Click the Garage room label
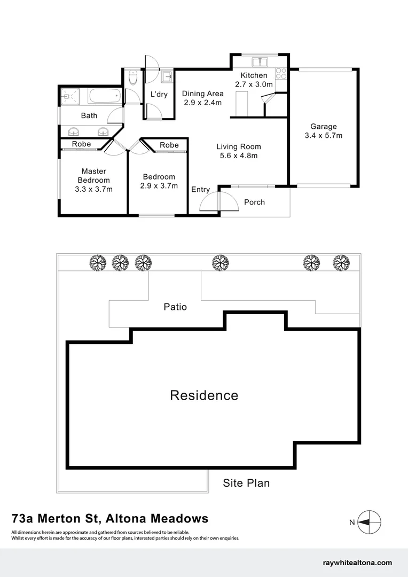click(324, 127)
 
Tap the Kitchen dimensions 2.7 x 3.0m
click(254, 84)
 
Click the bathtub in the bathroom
click(105, 97)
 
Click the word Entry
click(200, 190)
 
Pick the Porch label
click(254, 202)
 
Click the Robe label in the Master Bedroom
click(81, 144)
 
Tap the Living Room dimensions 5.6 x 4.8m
click(238, 155)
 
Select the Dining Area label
click(202, 93)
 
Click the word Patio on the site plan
click(175, 307)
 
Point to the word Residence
click(204, 395)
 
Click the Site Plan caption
click(246, 484)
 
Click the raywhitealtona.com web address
click(358, 563)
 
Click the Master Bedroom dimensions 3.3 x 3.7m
click(95, 189)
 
